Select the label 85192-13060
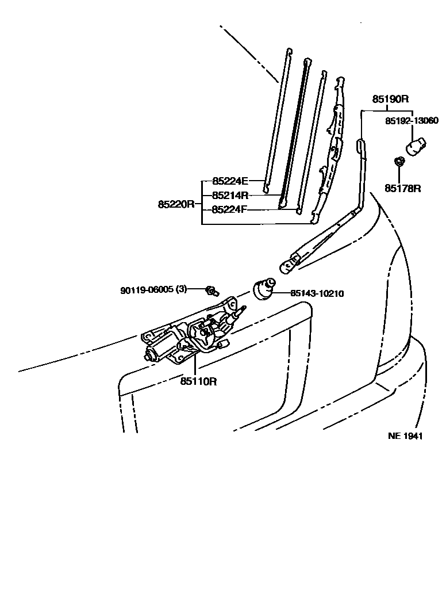(x=412, y=121)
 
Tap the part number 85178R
(x=403, y=188)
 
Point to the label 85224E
(x=229, y=180)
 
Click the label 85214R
(x=229, y=194)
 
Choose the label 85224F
(x=229, y=209)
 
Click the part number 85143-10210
(x=317, y=293)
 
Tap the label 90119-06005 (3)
(x=153, y=290)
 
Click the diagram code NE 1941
(x=405, y=436)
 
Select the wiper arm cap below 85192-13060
(x=415, y=145)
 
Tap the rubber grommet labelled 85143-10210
(x=264, y=289)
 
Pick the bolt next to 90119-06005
(x=212, y=290)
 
